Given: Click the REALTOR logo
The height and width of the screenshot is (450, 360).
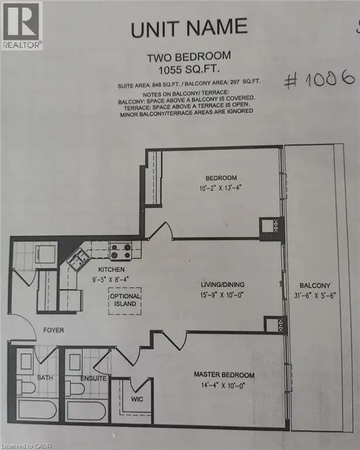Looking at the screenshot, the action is [x=22, y=25].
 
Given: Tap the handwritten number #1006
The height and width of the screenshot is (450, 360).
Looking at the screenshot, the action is [x=319, y=79].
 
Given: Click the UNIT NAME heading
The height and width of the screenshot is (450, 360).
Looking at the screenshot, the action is [x=189, y=28].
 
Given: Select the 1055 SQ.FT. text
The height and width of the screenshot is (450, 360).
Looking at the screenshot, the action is [x=189, y=69].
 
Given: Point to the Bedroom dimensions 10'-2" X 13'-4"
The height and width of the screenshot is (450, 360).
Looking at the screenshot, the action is [x=221, y=188].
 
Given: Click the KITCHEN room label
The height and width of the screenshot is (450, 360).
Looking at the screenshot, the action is [x=111, y=270].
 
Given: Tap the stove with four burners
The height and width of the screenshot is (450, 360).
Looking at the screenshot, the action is [x=121, y=251].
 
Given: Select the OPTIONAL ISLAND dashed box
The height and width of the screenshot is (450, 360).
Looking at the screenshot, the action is [x=125, y=301].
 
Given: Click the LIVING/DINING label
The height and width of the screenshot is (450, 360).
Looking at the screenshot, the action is [x=222, y=285].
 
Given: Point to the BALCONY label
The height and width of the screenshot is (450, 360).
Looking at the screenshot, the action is [x=315, y=285].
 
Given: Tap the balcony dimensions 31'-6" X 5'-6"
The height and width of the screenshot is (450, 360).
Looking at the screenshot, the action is [x=315, y=295].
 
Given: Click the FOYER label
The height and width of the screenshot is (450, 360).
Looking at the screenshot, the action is [x=54, y=330].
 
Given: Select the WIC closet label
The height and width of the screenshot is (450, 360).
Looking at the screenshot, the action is [x=137, y=399].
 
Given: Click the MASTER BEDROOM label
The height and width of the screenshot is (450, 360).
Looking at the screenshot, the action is [x=224, y=375].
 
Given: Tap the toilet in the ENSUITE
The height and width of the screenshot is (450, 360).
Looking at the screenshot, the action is [x=74, y=388].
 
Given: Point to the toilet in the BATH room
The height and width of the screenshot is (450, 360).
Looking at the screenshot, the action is [x=26, y=387].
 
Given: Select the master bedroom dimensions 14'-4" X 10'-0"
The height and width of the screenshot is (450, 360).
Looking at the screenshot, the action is [x=223, y=386].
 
